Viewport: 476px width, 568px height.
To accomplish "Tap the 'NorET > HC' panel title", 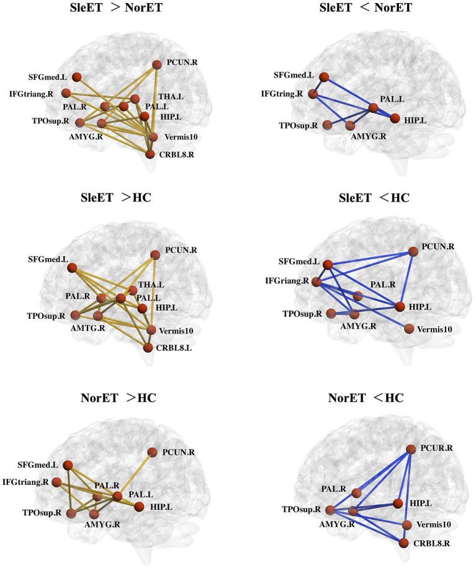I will [x=118, y=397].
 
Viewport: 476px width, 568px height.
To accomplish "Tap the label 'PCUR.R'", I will [x=438, y=447].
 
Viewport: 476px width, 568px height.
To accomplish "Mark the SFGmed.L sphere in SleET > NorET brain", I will [x=77, y=77].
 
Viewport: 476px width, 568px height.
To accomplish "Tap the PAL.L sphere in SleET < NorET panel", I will [x=373, y=109].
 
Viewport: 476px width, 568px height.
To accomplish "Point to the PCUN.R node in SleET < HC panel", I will [x=412, y=251].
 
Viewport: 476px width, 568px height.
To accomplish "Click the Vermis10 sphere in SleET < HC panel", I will [x=408, y=328].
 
